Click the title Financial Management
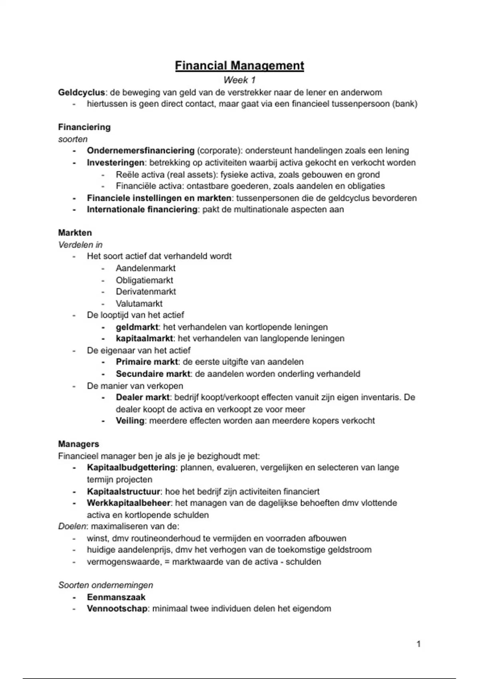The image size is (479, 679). [x=239, y=66]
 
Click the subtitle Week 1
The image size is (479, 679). [x=239, y=80]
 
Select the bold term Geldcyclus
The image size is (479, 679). [x=81, y=93]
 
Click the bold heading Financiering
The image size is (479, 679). [x=84, y=127]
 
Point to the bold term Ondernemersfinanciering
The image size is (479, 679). [x=141, y=151]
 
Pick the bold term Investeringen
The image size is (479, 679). [x=115, y=163]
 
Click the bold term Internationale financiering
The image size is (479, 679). [x=142, y=209]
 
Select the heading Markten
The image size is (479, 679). [x=75, y=233]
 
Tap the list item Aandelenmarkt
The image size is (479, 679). [x=146, y=268]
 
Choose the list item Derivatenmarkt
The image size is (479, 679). [x=146, y=292]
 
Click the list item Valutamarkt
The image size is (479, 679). [x=139, y=304]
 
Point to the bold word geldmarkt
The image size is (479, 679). [x=137, y=327]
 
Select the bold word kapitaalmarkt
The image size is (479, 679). [x=144, y=338]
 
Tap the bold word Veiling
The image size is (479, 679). [x=130, y=421]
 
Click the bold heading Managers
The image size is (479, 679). [x=79, y=444]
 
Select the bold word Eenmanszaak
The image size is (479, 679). [x=116, y=597]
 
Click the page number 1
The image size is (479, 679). [x=418, y=644]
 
